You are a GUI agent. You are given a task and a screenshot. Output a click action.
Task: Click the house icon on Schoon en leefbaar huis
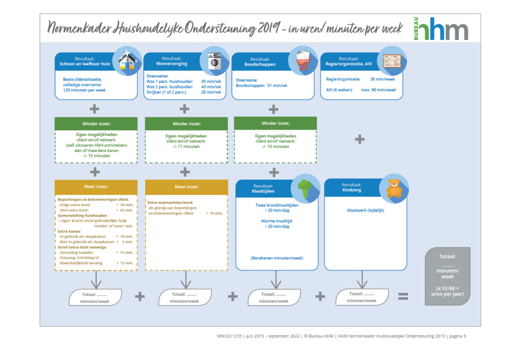(x=127, y=59)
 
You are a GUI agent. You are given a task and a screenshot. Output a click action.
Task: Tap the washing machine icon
(x=215, y=61)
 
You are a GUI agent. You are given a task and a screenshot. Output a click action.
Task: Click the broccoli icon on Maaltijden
(x=306, y=189)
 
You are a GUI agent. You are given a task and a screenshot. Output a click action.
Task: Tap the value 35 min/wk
(x=212, y=82)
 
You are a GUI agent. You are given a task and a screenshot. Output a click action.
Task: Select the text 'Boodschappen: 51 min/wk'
(x=262, y=86)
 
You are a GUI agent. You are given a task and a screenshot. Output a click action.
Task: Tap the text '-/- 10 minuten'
(x=273, y=146)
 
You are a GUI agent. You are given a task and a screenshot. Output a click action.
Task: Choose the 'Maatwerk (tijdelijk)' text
(x=366, y=211)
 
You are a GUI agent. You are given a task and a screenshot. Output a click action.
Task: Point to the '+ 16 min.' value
(x=215, y=214)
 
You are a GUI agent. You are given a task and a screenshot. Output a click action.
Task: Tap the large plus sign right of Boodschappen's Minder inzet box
(x=360, y=139)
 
